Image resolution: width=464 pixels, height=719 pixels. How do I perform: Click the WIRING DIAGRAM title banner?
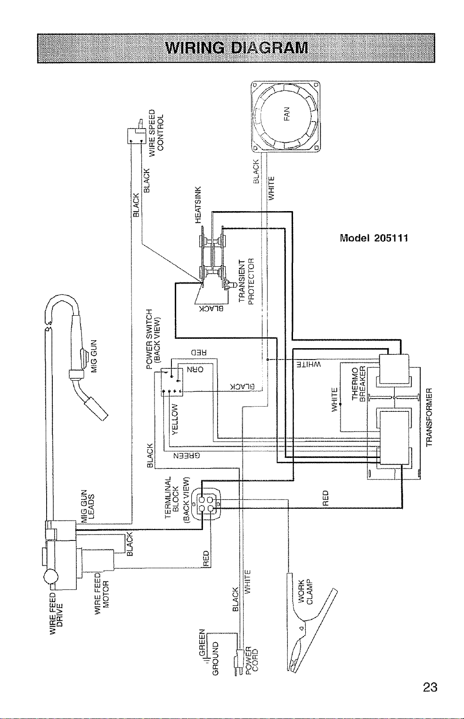point(236,48)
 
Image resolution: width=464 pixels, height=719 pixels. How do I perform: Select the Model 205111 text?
point(374,238)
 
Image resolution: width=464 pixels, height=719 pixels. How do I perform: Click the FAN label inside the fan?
point(287,114)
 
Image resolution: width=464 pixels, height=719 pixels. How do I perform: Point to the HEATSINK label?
point(198,204)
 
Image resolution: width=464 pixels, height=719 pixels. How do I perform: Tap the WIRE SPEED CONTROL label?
point(156,132)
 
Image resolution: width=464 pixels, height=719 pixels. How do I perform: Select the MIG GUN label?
point(94,355)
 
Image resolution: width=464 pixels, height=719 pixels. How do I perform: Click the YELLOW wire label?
point(175,419)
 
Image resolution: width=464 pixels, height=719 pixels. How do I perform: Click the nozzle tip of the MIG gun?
point(103,415)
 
